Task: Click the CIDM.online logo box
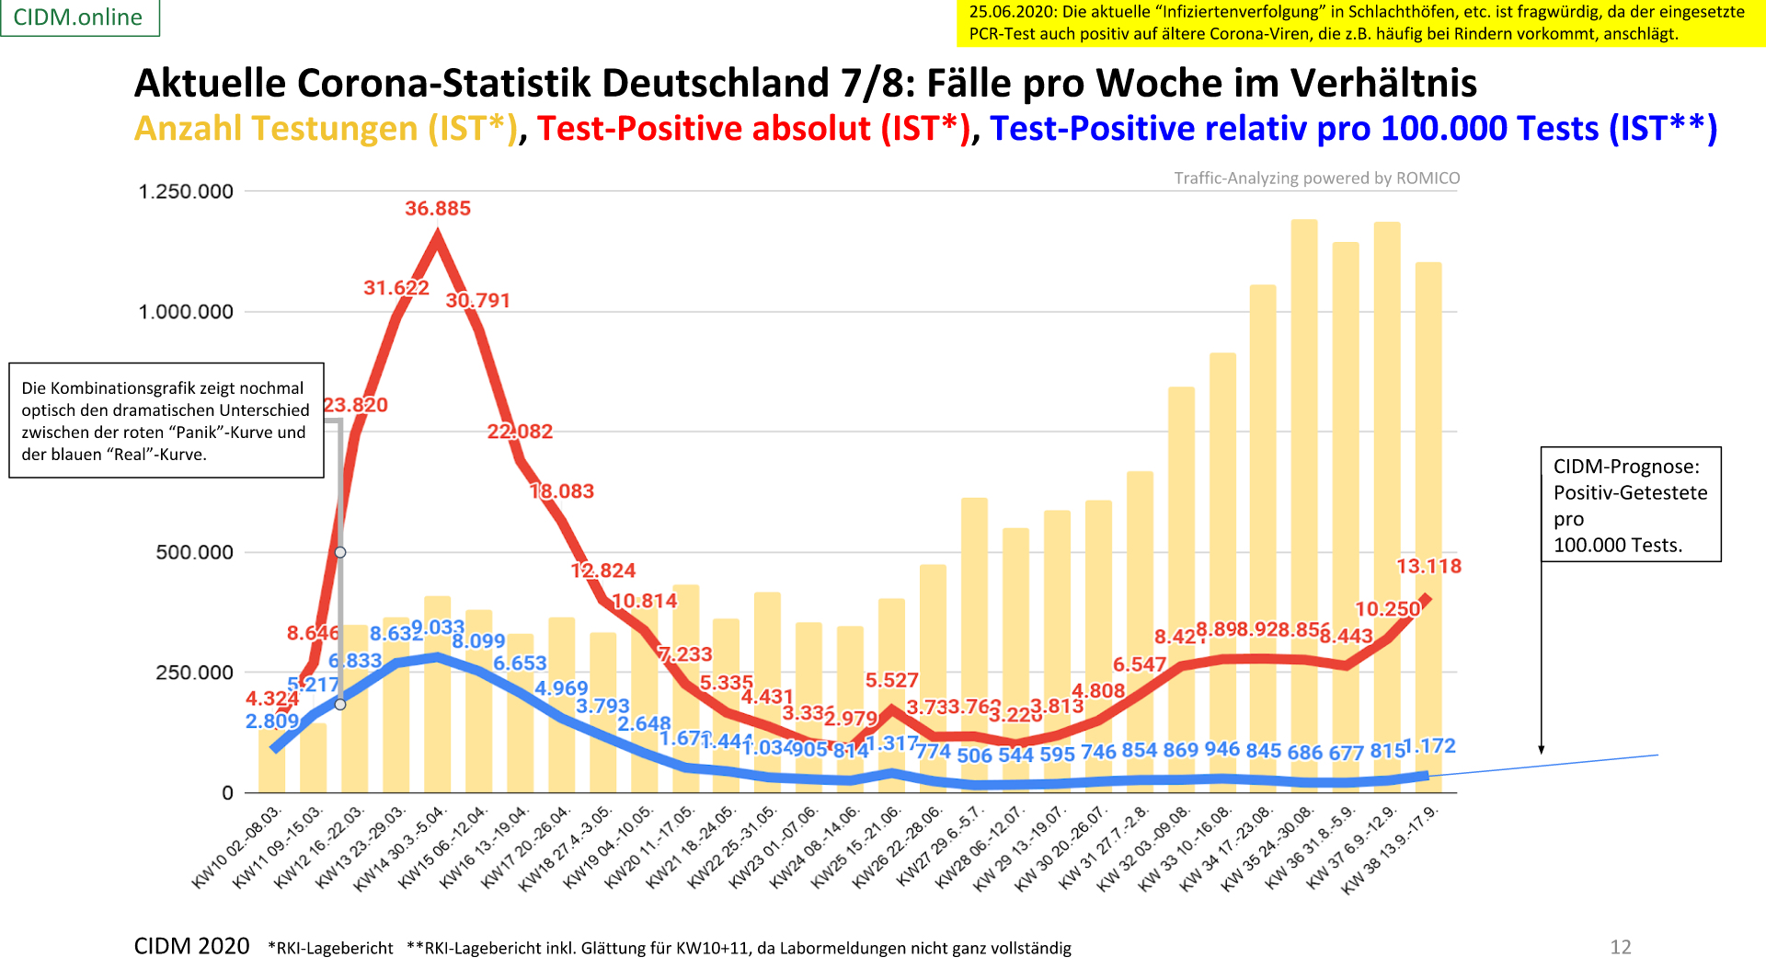click(x=79, y=17)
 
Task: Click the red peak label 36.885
click(x=438, y=209)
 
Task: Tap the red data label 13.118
click(x=1428, y=566)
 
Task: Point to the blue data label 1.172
click(x=1429, y=746)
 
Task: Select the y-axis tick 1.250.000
click(x=186, y=191)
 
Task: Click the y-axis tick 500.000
click(x=195, y=552)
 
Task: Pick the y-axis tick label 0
click(x=227, y=793)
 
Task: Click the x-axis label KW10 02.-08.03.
click(x=237, y=848)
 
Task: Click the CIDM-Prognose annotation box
click(x=1631, y=504)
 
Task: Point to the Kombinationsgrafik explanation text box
click(x=166, y=421)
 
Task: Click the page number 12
click(x=1621, y=947)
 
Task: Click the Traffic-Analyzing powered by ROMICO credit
click(x=1316, y=179)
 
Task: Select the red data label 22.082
click(x=520, y=432)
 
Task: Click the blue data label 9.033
click(x=438, y=628)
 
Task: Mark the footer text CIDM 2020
click(x=191, y=946)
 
